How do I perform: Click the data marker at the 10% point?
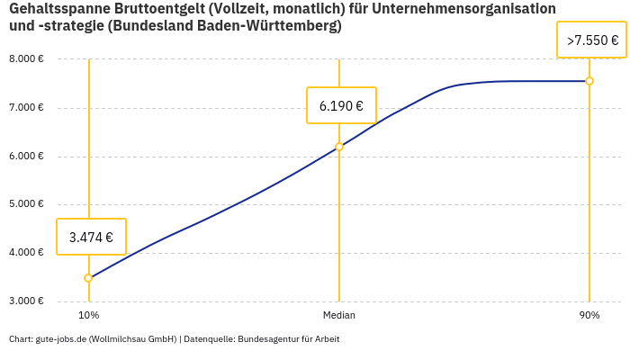coord(88,278)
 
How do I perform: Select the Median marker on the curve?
coord(339,147)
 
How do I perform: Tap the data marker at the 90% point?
coord(589,81)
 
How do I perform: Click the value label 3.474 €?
coord(91,238)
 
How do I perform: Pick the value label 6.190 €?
coord(341,106)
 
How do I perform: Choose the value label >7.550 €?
coord(592,40)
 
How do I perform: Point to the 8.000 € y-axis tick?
coord(26,59)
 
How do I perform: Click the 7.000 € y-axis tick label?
coord(26,108)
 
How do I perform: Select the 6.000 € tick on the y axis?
coord(26,157)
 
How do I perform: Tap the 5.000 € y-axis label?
coord(26,204)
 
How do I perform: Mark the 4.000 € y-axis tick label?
coord(26,253)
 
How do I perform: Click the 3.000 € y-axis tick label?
coord(26,301)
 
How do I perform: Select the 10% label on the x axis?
coord(88,316)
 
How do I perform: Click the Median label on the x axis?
coord(339,316)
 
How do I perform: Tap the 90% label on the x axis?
coord(589,316)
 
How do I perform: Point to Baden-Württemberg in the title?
coord(271,26)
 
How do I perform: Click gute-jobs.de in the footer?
coord(60,339)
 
